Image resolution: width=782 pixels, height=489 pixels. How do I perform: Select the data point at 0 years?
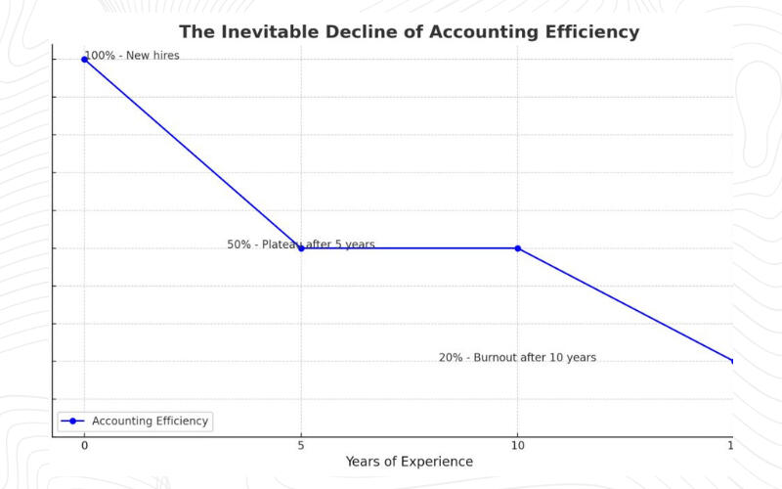84,60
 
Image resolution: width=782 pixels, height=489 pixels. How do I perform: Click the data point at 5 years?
301,248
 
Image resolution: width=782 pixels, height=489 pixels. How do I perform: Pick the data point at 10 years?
518,248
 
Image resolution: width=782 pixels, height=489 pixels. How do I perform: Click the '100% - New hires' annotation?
132,56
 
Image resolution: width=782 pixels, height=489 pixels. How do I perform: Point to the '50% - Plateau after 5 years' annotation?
300,244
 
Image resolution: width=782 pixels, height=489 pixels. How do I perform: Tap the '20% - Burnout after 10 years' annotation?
517,358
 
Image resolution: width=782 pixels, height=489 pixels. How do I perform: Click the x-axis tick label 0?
84,446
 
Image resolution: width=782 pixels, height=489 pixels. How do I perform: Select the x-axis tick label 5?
301,446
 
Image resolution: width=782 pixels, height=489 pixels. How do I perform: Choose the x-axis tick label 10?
518,446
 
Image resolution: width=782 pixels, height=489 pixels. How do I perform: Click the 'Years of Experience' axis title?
409,462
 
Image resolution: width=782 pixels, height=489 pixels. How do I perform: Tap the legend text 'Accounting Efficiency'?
150,422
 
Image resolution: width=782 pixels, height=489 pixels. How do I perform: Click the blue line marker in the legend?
72,422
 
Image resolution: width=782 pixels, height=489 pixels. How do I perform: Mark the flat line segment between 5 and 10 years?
411,248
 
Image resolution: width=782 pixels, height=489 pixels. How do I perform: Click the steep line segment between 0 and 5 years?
193,154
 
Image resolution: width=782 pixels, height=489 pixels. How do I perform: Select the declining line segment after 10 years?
626,304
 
